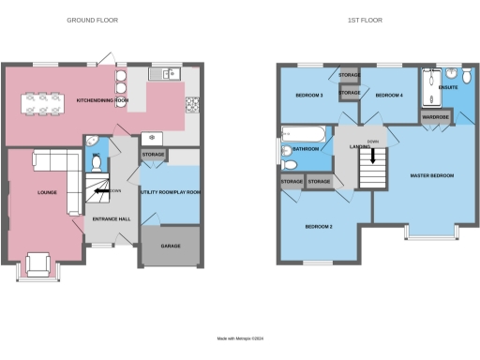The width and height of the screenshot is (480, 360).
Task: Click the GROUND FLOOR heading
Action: coord(93,20)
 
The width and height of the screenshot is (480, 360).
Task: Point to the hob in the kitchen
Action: coord(192,103)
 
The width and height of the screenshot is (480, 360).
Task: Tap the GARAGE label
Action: coord(170,246)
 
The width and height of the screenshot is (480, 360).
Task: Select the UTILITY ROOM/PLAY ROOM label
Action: coord(170,191)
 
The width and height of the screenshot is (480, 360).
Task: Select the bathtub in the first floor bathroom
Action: coord(303,134)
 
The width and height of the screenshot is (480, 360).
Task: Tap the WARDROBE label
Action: coord(435,117)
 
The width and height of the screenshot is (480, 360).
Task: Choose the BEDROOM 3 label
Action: coord(309,96)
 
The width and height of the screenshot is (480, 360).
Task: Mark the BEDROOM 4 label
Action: coord(388,96)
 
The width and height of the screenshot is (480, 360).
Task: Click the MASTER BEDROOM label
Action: coord(432,175)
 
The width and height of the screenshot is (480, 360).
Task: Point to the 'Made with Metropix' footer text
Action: coord(240,338)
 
